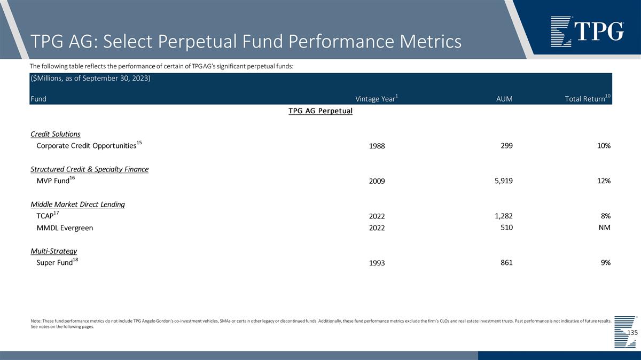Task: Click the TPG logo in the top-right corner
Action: tap(587, 32)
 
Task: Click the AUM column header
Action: tap(504, 99)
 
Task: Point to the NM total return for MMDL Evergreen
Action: tap(604, 228)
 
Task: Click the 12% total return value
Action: tap(604, 181)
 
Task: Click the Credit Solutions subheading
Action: tap(56, 134)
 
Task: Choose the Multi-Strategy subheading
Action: tap(54, 251)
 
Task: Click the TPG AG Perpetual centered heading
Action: tap(320, 111)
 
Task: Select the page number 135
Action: tap(632, 333)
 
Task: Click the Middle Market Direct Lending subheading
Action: tap(77, 205)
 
